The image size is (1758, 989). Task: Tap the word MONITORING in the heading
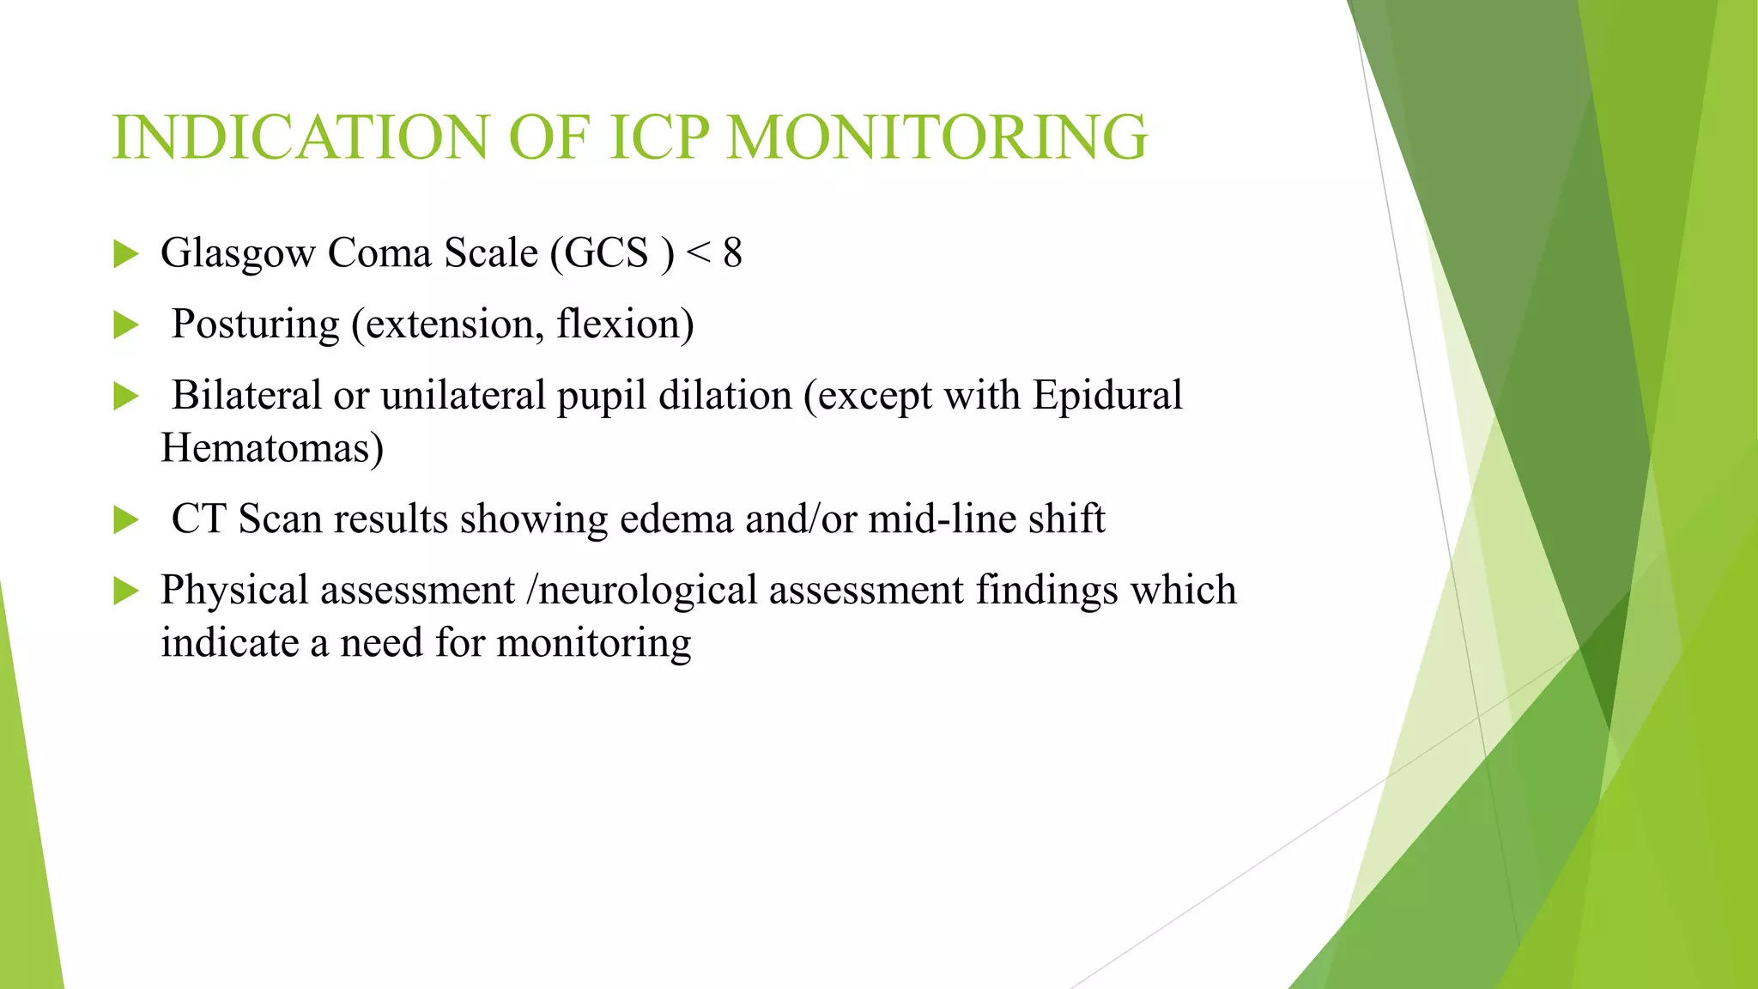pyautogui.click(x=937, y=137)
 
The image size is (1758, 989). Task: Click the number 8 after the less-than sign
pyautogui.click(x=732, y=253)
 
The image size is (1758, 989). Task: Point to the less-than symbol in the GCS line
pyautogui.click(x=699, y=253)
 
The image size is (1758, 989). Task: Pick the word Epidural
pyautogui.click(x=1107, y=396)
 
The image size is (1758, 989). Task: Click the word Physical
pyautogui.click(x=234, y=592)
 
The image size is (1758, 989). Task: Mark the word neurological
pyautogui.click(x=648, y=592)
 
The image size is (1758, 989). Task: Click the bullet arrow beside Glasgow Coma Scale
pyautogui.click(x=125, y=254)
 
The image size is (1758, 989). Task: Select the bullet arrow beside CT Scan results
pyautogui.click(x=125, y=520)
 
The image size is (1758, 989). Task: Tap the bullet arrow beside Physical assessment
pyautogui.click(x=125, y=591)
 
